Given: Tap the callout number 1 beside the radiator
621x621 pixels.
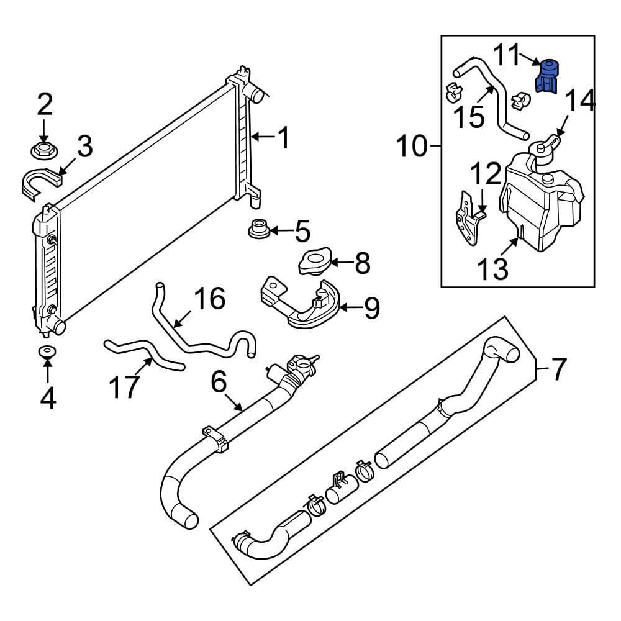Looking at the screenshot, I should click(283, 137).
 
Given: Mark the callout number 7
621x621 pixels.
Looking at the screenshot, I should click(558, 370).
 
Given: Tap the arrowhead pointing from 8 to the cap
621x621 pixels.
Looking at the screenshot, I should click(334, 263).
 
